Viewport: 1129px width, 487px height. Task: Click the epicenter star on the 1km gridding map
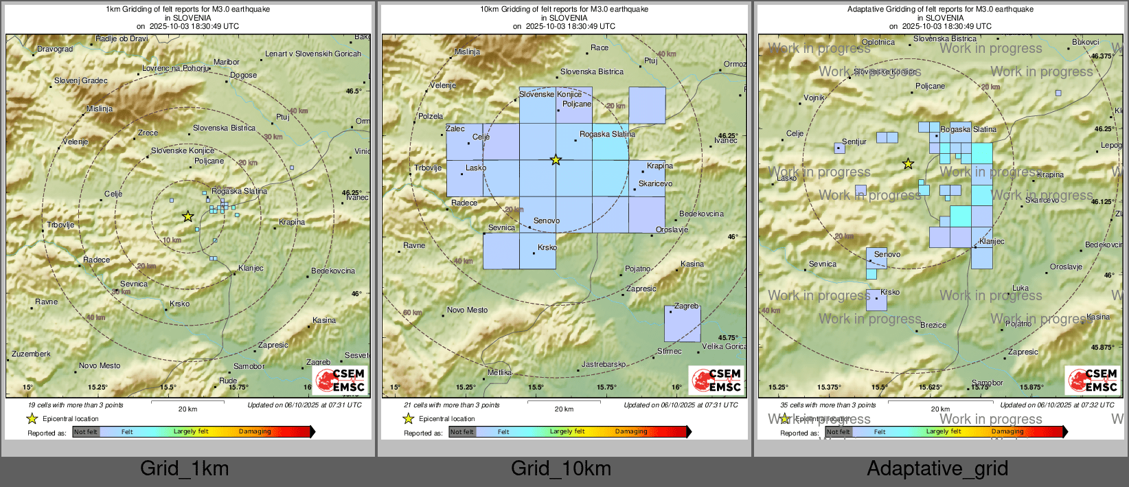(187, 216)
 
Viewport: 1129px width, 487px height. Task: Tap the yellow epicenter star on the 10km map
(556, 160)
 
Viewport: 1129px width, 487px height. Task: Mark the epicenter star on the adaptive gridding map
(908, 163)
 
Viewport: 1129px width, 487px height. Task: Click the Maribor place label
(226, 62)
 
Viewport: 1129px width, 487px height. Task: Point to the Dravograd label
(55, 49)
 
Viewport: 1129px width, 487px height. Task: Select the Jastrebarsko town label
(604, 364)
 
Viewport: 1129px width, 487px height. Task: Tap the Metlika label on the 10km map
(499, 372)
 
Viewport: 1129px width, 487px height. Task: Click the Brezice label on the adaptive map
(933, 325)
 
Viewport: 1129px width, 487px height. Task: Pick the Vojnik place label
(814, 98)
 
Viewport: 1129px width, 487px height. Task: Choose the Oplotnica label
(878, 42)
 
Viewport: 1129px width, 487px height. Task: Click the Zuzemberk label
(31, 354)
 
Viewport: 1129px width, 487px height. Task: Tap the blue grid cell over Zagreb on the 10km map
(682, 324)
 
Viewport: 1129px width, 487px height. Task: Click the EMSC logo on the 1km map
(341, 380)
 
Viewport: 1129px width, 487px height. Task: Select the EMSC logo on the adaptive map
(1093, 380)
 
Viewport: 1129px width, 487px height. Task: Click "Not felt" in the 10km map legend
(462, 432)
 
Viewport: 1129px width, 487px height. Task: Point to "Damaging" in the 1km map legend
(255, 431)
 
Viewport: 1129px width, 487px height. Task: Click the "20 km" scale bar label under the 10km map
(564, 409)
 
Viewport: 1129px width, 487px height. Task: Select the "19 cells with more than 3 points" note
(76, 405)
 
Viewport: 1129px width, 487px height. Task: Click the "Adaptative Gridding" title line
(940, 10)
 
